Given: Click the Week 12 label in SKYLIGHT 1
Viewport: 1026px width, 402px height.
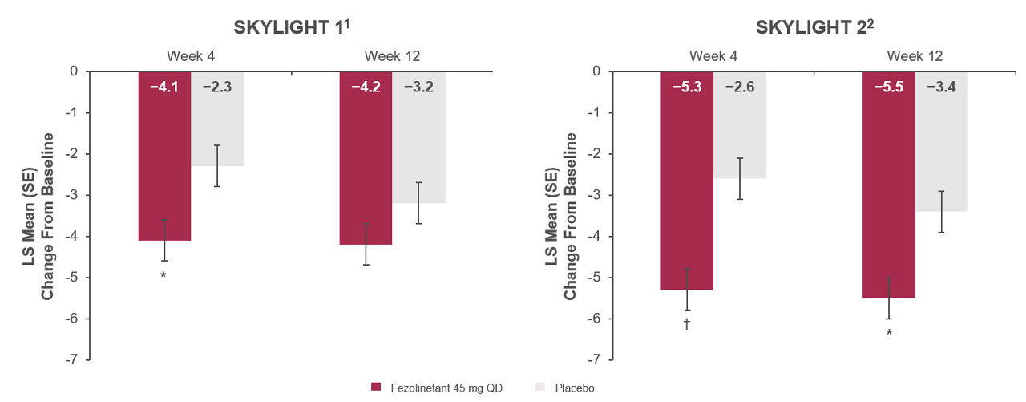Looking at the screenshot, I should [392, 56].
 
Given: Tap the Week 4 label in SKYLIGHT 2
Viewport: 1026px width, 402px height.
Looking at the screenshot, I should [713, 56].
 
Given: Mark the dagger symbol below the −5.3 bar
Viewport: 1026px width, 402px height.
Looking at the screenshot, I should [687, 324].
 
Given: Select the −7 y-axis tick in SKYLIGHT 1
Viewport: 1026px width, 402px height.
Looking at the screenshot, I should [72, 359].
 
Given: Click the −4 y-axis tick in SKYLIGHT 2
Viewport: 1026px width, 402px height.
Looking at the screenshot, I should [595, 236].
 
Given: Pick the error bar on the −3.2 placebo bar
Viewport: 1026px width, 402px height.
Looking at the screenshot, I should [418, 203].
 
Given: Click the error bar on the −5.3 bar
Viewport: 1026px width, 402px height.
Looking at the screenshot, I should [687, 289].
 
